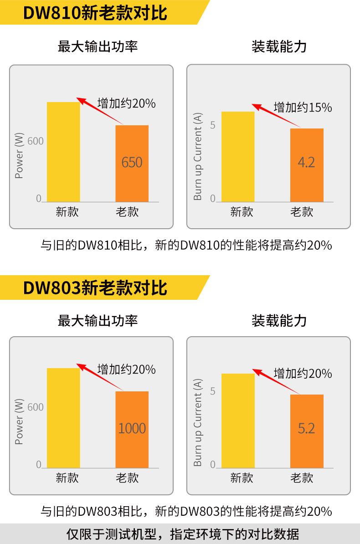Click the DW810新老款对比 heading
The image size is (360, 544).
[95, 13]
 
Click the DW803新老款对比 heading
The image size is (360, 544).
[95, 287]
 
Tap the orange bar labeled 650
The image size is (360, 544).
[132, 163]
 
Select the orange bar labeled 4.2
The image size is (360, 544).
[306, 164]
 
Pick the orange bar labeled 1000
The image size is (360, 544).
[132, 429]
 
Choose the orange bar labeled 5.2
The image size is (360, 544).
[306, 431]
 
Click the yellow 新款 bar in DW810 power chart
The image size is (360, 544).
[63, 151]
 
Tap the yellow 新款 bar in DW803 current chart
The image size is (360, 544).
[237, 420]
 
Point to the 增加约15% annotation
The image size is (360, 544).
[303, 108]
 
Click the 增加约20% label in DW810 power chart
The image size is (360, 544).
[127, 103]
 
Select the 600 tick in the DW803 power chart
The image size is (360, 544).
[36, 407]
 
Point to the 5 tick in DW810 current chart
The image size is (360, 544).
[212, 125]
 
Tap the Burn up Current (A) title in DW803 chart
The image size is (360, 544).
[197, 423]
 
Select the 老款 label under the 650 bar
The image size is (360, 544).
[127, 211]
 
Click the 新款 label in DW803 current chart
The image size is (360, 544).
[242, 477]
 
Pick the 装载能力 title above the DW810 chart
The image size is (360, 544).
[279, 46]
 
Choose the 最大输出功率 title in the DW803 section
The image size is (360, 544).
[98, 321]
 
